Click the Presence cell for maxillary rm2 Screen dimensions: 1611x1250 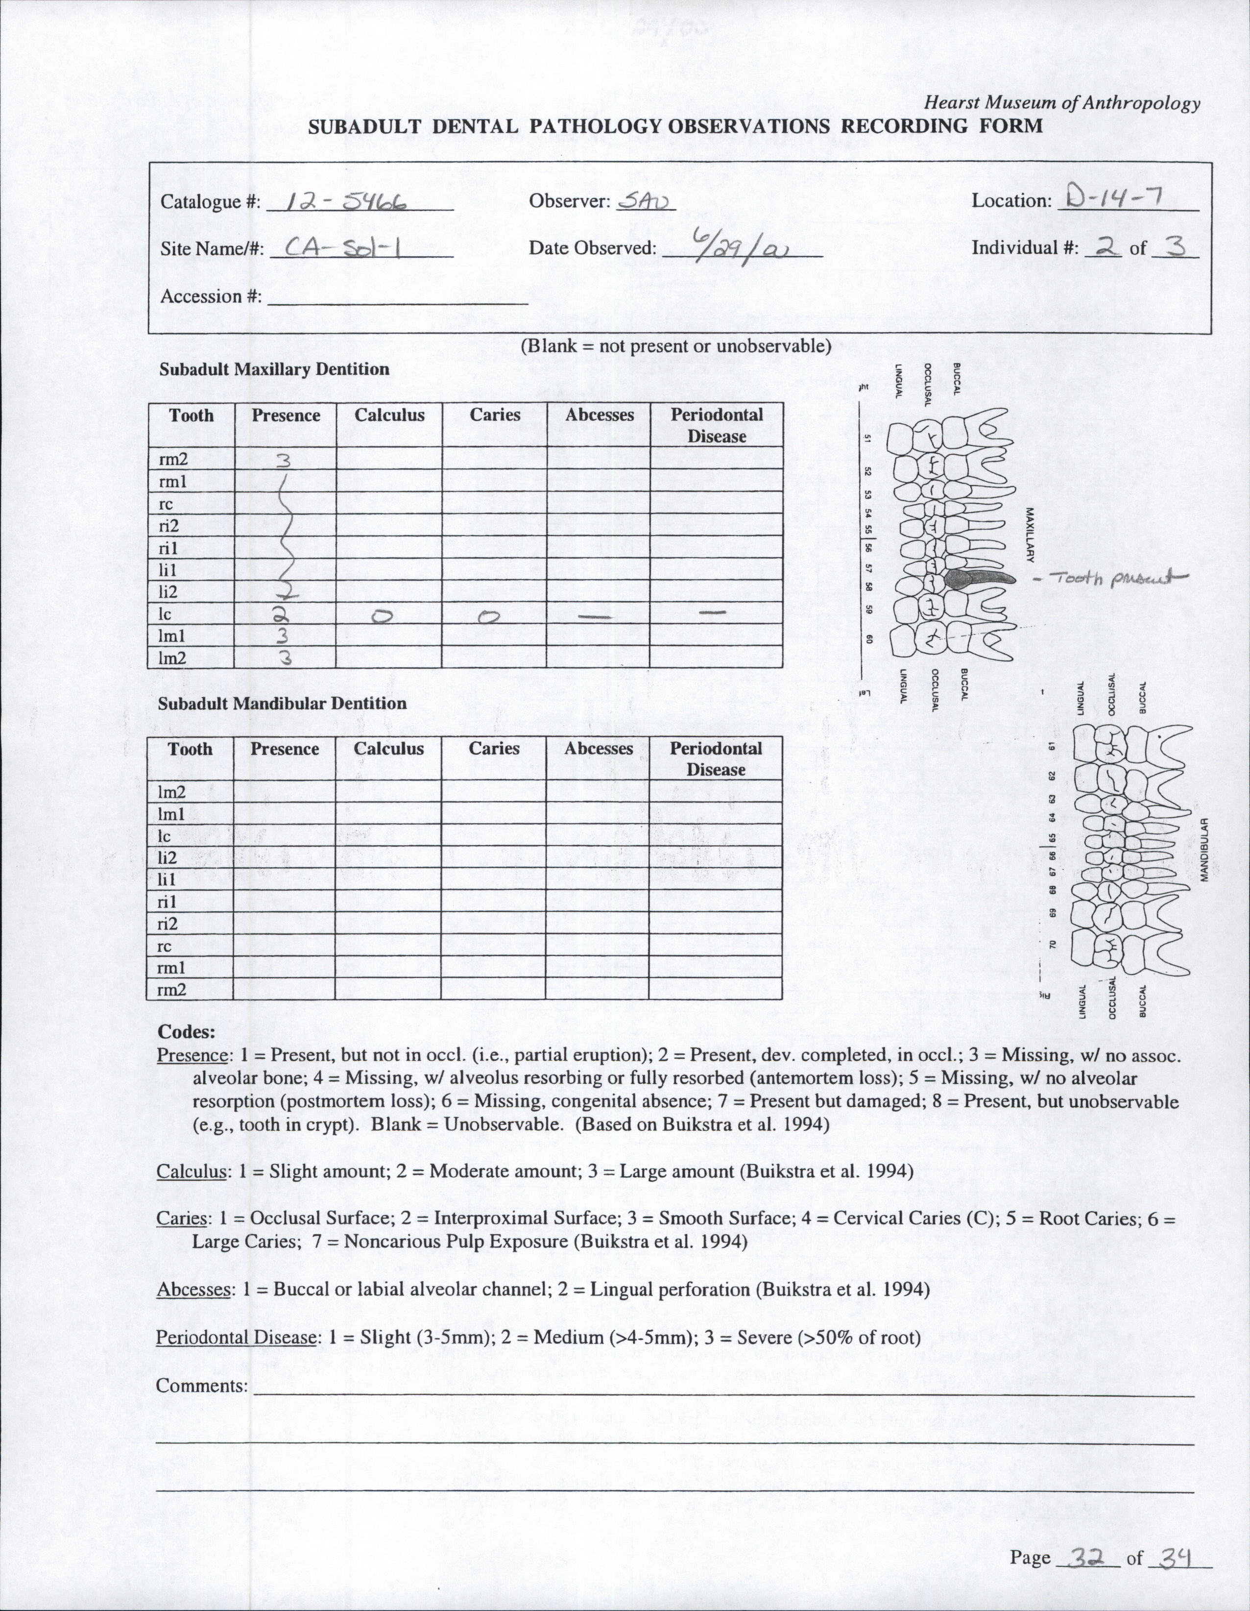285,459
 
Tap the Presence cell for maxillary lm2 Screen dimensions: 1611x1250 285,659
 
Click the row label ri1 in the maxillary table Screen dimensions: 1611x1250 168,548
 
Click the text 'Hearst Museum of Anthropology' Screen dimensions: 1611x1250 1062,104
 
